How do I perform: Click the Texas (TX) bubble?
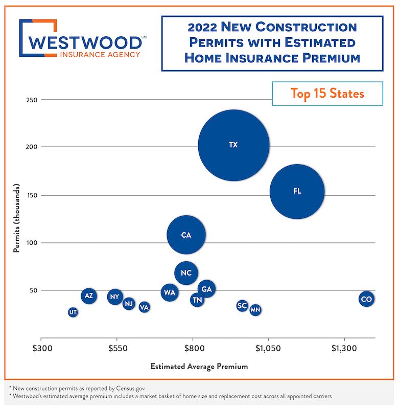(x=233, y=145)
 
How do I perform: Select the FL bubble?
(x=297, y=191)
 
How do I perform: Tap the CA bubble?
(x=186, y=235)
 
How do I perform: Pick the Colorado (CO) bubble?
(x=366, y=299)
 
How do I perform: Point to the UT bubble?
(x=73, y=312)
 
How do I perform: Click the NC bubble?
(x=186, y=273)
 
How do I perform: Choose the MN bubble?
(x=255, y=310)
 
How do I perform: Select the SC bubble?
(x=242, y=306)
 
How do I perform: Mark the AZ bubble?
(x=89, y=296)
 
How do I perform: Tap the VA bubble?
(x=144, y=307)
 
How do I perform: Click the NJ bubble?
(x=129, y=304)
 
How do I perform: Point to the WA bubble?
(x=170, y=292)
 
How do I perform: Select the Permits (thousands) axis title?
(x=16, y=219)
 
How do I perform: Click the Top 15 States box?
(x=327, y=94)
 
